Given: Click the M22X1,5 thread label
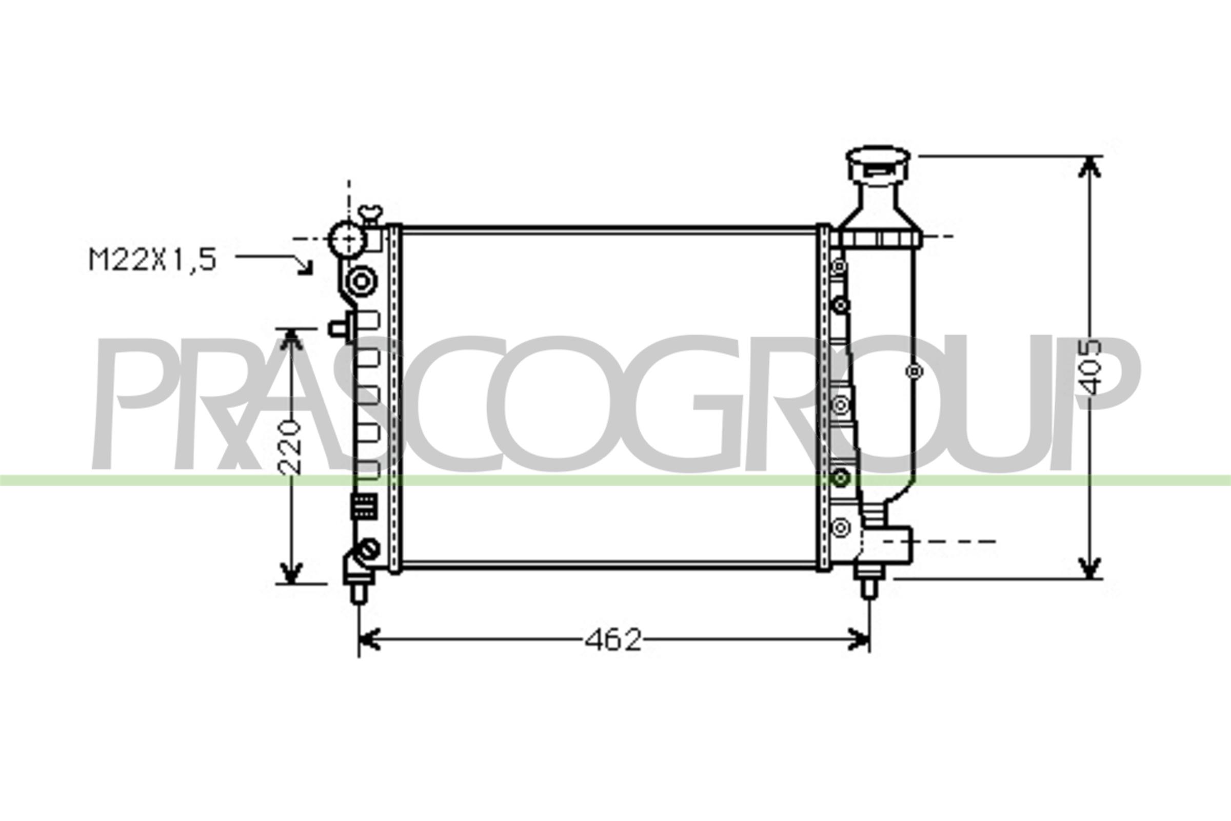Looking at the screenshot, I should (152, 260).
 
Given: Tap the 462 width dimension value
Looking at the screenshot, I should (612, 640).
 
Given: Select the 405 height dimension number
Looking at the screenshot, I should (1090, 367).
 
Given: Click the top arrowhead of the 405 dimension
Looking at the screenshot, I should (1089, 166).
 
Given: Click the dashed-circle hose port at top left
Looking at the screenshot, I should (347, 239).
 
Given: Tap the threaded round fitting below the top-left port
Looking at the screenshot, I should (361, 281).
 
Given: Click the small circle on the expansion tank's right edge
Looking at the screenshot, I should (914, 371).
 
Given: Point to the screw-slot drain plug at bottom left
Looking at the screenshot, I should (368, 549).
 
